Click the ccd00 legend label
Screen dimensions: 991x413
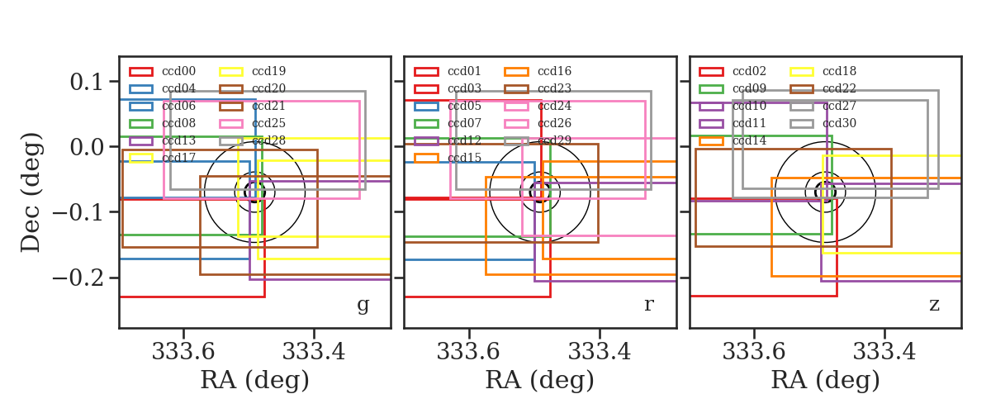coord(178,71)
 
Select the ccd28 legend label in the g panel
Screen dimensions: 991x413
coord(269,140)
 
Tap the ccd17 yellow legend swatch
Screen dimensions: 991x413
coord(141,158)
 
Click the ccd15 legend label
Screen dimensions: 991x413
coord(464,158)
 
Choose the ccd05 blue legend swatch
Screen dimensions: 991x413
coord(426,107)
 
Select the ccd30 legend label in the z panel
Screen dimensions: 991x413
coord(840,124)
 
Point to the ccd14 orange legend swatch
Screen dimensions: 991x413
coord(711,140)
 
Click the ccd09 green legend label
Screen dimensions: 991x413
coord(750,89)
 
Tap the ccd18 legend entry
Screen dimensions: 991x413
coord(823,71)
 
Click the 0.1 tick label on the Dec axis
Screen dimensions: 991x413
coord(86,82)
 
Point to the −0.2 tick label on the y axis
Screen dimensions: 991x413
coord(78,278)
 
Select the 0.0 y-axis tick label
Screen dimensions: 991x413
coord(86,147)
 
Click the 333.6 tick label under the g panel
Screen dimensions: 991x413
coord(183,352)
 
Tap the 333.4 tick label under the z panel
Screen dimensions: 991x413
coord(884,352)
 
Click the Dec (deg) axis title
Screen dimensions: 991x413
coord(31,192)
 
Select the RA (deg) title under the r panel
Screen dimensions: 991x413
coord(540,380)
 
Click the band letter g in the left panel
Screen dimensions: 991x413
coord(363,305)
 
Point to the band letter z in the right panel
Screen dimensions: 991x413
coord(934,305)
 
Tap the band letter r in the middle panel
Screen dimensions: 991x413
coord(648,305)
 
